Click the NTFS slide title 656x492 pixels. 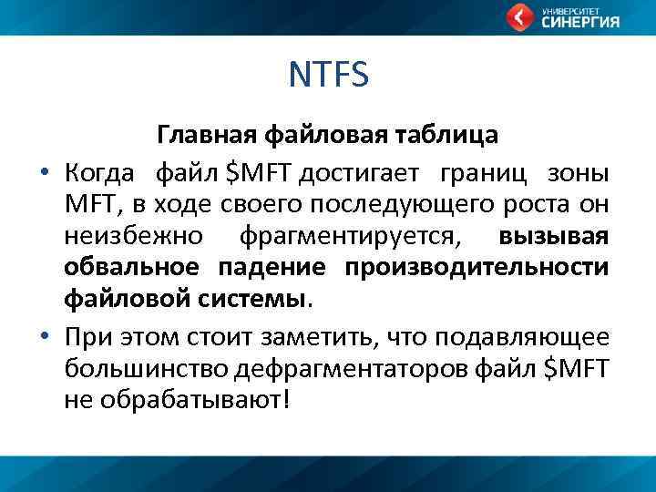[x=328, y=75]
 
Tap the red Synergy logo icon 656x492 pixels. [x=520, y=16]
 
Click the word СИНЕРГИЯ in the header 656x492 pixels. [x=580, y=23]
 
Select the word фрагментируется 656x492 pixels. [x=350, y=237]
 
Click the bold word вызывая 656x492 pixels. [x=553, y=237]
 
